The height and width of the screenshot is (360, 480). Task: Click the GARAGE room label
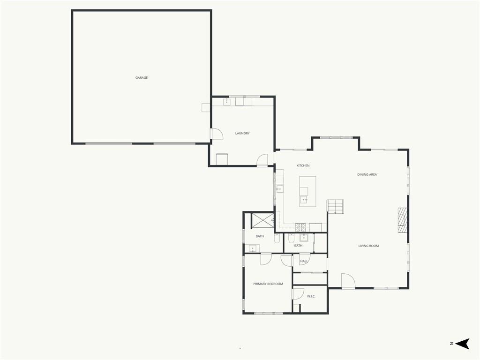click(x=142, y=78)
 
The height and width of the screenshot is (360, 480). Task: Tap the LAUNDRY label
click(x=242, y=134)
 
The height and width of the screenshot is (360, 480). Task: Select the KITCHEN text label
click(x=303, y=165)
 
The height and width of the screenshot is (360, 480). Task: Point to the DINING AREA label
click(x=367, y=174)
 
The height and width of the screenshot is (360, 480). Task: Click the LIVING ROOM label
click(x=368, y=246)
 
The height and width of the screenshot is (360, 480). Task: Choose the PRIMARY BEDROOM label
click(x=268, y=284)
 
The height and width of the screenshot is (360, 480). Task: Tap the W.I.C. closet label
click(x=311, y=296)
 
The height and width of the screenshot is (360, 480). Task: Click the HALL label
click(x=304, y=262)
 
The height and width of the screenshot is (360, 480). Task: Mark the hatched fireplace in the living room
click(x=403, y=220)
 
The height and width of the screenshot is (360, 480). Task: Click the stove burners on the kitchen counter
click(x=300, y=227)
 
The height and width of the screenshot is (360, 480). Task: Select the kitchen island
click(x=307, y=191)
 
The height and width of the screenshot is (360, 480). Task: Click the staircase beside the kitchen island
click(x=335, y=207)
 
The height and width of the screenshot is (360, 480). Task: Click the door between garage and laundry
click(x=217, y=134)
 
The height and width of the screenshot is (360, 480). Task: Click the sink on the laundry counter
click(x=226, y=102)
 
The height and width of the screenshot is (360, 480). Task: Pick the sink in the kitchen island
click(x=304, y=200)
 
